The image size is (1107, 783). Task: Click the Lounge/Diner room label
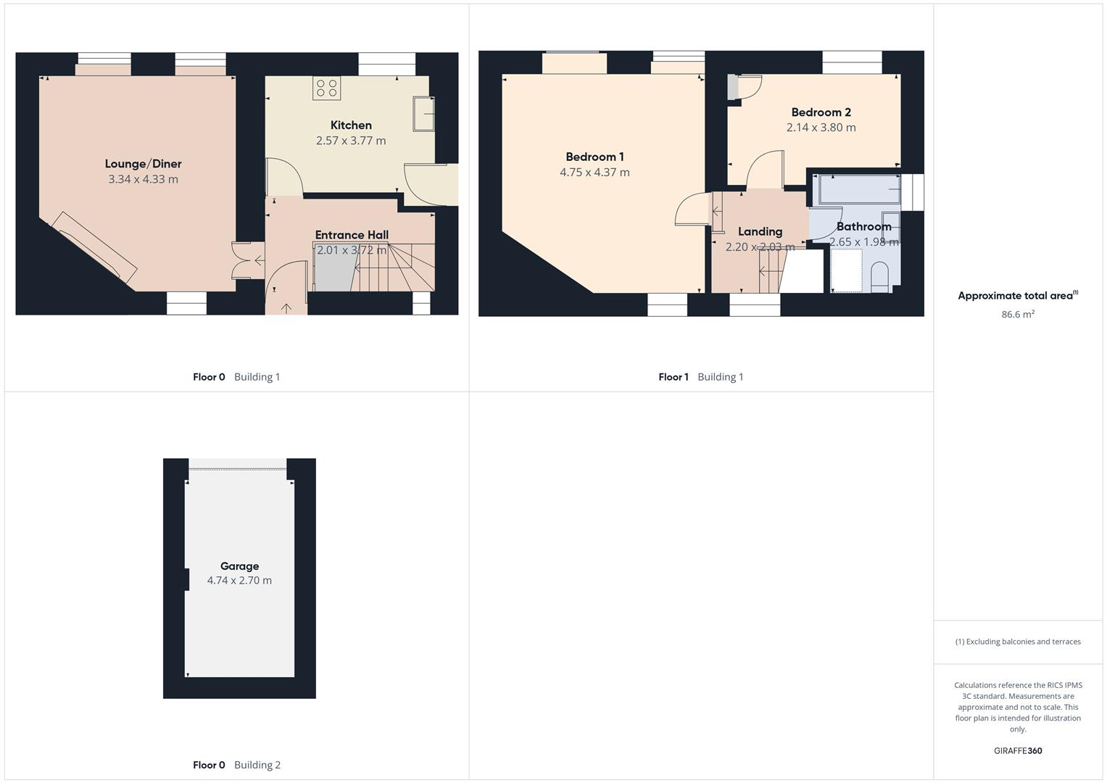pyautogui.click(x=143, y=164)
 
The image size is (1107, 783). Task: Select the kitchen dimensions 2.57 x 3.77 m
pyautogui.click(x=351, y=141)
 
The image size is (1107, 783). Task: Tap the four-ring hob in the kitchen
pyautogui.click(x=326, y=88)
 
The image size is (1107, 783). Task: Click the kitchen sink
pyautogui.click(x=424, y=114)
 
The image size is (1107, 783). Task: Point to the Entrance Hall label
pyautogui.click(x=352, y=235)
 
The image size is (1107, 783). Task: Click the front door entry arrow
pyautogui.click(x=286, y=308)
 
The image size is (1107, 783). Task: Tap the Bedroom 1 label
pyautogui.click(x=594, y=157)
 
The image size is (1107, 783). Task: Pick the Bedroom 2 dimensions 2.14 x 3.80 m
pyautogui.click(x=821, y=128)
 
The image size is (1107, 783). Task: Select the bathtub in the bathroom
pyautogui.click(x=859, y=190)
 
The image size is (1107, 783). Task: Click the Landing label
pyautogui.click(x=760, y=231)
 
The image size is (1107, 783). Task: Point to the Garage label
pyautogui.click(x=239, y=566)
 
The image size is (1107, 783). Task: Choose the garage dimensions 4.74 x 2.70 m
pyautogui.click(x=239, y=581)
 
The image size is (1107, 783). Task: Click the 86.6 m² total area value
pyautogui.click(x=1017, y=315)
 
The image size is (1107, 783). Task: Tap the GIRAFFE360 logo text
pyautogui.click(x=1017, y=751)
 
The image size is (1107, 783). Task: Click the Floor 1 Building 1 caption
pyautogui.click(x=700, y=377)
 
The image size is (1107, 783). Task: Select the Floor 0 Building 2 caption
pyautogui.click(x=236, y=765)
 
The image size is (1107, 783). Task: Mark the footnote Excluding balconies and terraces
pyautogui.click(x=1017, y=642)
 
